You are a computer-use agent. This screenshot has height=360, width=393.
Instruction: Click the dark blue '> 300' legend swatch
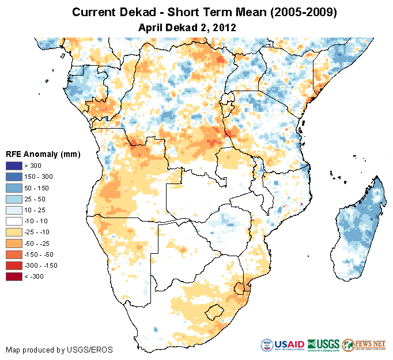coord(14,166)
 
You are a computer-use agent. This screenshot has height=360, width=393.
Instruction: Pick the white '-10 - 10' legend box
coord(14,221)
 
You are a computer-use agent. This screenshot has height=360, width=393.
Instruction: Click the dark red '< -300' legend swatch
coord(14,276)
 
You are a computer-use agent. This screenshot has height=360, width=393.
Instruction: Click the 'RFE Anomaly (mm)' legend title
coord(43,154)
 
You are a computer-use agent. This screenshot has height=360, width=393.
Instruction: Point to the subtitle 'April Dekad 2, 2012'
coord(188,27)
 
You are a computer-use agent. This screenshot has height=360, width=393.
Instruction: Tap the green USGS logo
coord(323,345)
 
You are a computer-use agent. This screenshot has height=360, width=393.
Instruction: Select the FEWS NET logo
coord(363,345)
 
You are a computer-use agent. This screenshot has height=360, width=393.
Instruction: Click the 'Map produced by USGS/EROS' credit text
coord(59,350)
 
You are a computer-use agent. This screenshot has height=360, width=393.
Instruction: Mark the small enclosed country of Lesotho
coord(213,312)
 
